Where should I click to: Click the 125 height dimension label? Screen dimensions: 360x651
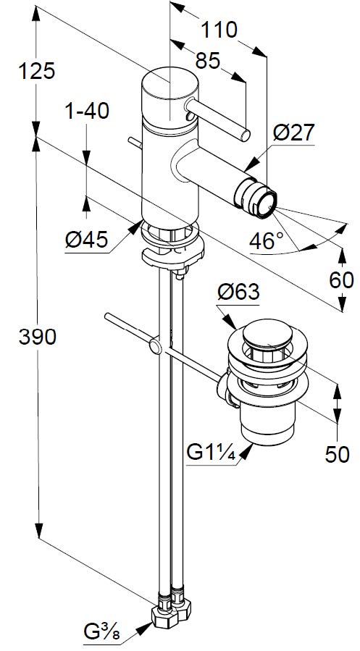[36, 72]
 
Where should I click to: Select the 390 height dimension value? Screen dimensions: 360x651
[38, 337]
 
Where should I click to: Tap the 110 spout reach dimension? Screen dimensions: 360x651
[219, 30]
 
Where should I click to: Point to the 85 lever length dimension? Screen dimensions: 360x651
[207, 62]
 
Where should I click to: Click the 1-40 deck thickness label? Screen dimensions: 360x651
[87, 112]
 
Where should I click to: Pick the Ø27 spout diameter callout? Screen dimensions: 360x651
[294, 134]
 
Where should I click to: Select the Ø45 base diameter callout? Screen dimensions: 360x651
[87, 240]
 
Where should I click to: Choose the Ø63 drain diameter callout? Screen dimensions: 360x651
[238, 293]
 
